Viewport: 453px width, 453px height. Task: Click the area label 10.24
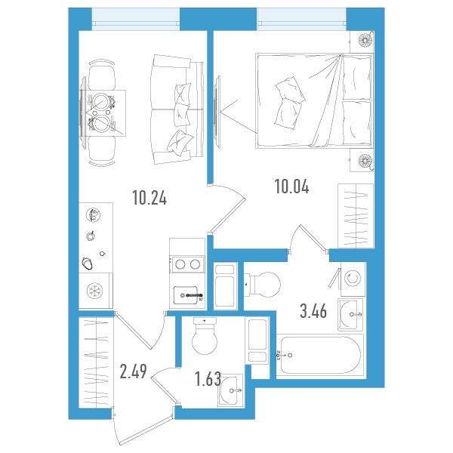149,198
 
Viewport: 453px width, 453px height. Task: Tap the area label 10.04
291,186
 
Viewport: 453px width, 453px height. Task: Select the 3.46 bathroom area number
313,311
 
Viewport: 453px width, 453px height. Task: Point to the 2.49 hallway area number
133,371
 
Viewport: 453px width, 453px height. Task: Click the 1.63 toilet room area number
208,379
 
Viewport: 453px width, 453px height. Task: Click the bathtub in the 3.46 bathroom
320,356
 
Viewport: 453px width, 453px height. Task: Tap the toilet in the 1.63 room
205,336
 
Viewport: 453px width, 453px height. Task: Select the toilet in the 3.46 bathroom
262,285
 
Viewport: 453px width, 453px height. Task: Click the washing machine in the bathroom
353,279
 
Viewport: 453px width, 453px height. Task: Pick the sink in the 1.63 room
230,390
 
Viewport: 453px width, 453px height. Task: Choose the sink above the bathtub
350,314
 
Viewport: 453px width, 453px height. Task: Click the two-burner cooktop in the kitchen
187,264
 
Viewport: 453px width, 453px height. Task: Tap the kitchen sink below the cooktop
186,295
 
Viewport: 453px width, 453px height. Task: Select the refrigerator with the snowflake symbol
96,291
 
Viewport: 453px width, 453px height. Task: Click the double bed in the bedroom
314,101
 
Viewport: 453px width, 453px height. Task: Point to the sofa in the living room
177,109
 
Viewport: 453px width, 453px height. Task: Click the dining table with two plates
103,112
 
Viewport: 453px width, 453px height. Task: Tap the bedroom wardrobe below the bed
356,216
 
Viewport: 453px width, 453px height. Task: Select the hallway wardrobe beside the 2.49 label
96,362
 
